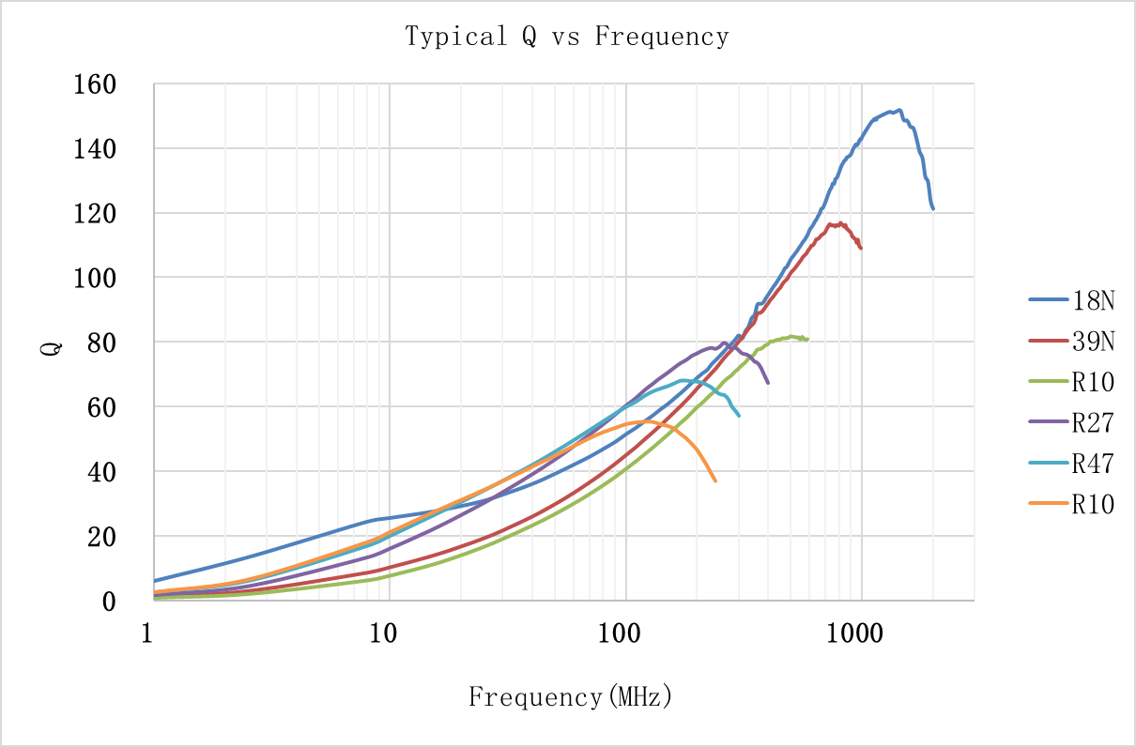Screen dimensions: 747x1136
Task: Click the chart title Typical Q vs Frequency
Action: coord(567,37)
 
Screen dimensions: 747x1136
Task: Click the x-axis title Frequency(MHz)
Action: coord(571,697)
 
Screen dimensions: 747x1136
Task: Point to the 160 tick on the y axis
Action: coord(95,85)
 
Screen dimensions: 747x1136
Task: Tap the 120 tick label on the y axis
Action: coord(95,214)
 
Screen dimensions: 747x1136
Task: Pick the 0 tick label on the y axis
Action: coord(108,602)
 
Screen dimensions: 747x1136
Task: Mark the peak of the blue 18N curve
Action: coord(898,110)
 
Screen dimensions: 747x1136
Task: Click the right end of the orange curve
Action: coord(715,481)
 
